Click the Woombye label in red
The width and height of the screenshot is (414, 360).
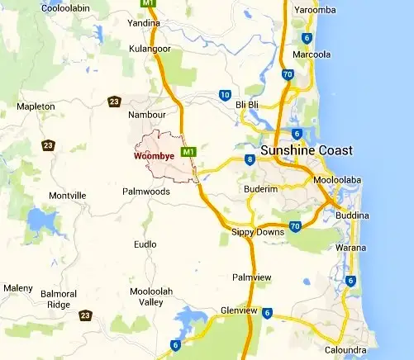click(x=153, y=155)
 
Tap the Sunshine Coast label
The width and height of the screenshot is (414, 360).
click(x=306, y=151)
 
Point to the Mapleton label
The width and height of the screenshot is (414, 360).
click(x=36, y=107)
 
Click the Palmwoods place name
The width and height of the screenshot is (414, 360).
click(x=145, y=192)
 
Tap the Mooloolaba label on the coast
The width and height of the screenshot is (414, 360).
click(x=335, y=179)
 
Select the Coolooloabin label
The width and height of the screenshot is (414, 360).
click(x=43, y=7)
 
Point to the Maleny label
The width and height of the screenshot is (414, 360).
click(x=17, y=287)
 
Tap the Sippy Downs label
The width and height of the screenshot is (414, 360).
click(x=257, y=232)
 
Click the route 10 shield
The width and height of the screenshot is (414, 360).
click(x=224, y=95)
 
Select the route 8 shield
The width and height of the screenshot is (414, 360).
click(x=249, y=159)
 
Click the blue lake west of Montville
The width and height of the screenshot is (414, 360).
click(x=38, y=220)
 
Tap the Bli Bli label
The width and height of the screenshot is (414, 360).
click(x=247, y=106)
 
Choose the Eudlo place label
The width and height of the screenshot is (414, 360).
click(x=145, y=244)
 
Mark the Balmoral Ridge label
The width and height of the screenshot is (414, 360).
click(x=59, y=299)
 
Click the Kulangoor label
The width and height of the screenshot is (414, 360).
click(x=150, y=49)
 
